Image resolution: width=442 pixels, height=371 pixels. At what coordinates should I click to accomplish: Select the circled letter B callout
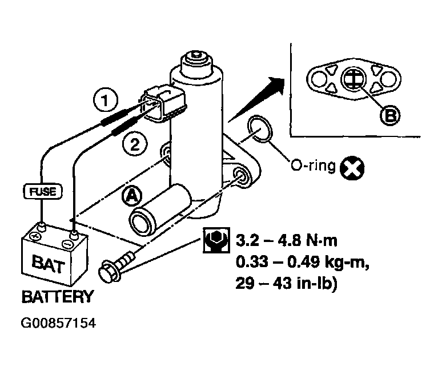[390, 116]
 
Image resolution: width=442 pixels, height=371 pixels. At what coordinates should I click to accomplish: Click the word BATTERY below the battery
[57, 297]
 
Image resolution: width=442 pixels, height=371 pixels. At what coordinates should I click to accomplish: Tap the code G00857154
[58, 324]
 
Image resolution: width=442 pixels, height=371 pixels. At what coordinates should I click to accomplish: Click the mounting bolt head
[109, 269]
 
